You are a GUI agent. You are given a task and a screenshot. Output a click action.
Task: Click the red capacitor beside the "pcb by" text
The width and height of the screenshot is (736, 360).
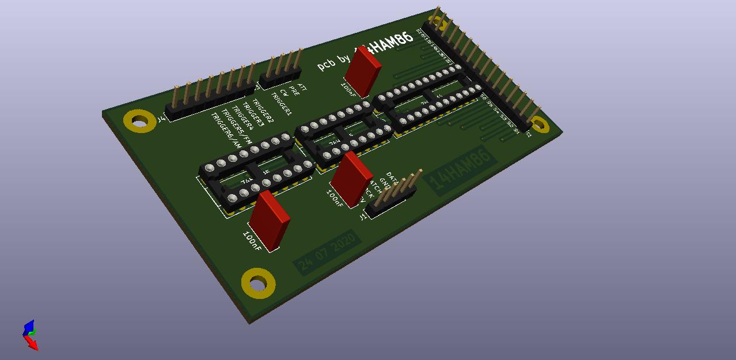point(363,72)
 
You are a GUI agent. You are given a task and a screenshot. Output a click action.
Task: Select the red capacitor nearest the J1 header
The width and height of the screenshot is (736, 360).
point(351,178)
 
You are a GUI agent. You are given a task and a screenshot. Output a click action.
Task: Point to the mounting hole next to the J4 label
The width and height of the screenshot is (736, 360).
point(139,122)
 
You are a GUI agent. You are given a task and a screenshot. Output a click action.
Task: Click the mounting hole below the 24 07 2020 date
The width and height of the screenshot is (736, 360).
point(258,283)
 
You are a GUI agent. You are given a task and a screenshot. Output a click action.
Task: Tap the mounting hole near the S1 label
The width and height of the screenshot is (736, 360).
point(539,124)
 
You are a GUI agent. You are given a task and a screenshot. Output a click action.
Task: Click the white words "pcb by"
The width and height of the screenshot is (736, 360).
point(333,61)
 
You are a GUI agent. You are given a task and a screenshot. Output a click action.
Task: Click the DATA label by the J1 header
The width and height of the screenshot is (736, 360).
point(393,176)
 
